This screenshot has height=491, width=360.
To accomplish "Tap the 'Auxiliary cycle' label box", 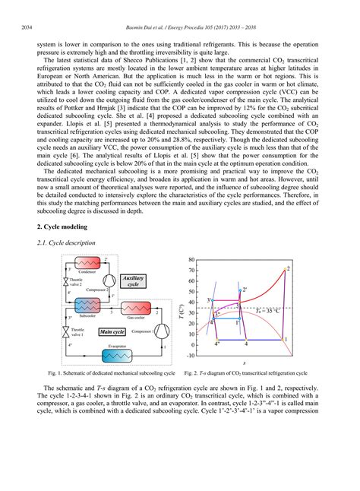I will [x=139, y=282].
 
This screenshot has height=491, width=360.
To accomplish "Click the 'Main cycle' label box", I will [x=112, y=332].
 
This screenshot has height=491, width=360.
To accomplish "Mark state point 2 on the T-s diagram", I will [x=286, y=269].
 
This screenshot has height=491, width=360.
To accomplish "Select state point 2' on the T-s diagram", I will [x=242, y=290].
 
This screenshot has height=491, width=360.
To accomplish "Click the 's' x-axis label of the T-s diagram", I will [x=243, y=363].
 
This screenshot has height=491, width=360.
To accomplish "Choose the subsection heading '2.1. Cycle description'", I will [x=66, y=242].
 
